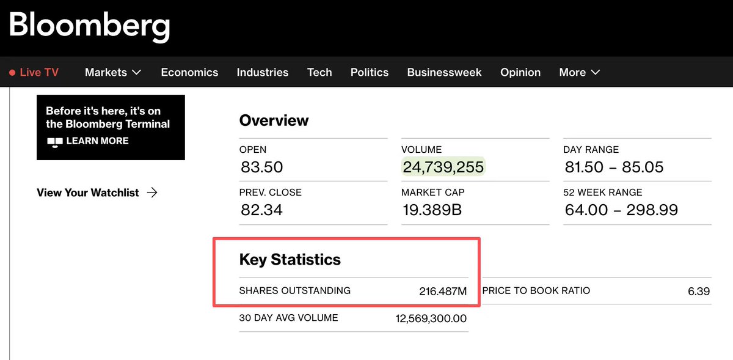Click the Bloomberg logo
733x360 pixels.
(x=89, y=26)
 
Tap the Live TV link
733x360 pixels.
(x=34, y=72)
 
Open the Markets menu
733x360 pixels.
(x=113, y=72)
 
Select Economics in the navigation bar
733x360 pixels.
(x=189, y=72)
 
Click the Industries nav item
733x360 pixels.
(x=263, y=72)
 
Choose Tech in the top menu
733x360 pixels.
(x=319, y=72)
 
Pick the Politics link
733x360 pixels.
(x=370, y=72)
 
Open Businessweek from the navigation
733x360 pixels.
(x=444, y=72)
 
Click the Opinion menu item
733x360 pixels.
(x=520, y=72)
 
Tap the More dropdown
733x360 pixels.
(x=579, y=72)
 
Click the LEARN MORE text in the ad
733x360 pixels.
(x=97, y=141)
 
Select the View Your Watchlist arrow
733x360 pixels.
(x=152, y=193)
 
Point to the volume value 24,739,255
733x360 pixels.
(x=443, y=167)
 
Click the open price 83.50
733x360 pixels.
(x=261, y=167)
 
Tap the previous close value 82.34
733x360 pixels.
(x=261, y=210)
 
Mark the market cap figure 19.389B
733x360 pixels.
(x=432, y=210)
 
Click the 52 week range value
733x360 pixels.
(x=621, y=210)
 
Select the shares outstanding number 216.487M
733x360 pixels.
(x=443, y=292)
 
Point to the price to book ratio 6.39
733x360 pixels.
(x=698, y=291)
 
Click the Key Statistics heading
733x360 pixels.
(x=290, y=259)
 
